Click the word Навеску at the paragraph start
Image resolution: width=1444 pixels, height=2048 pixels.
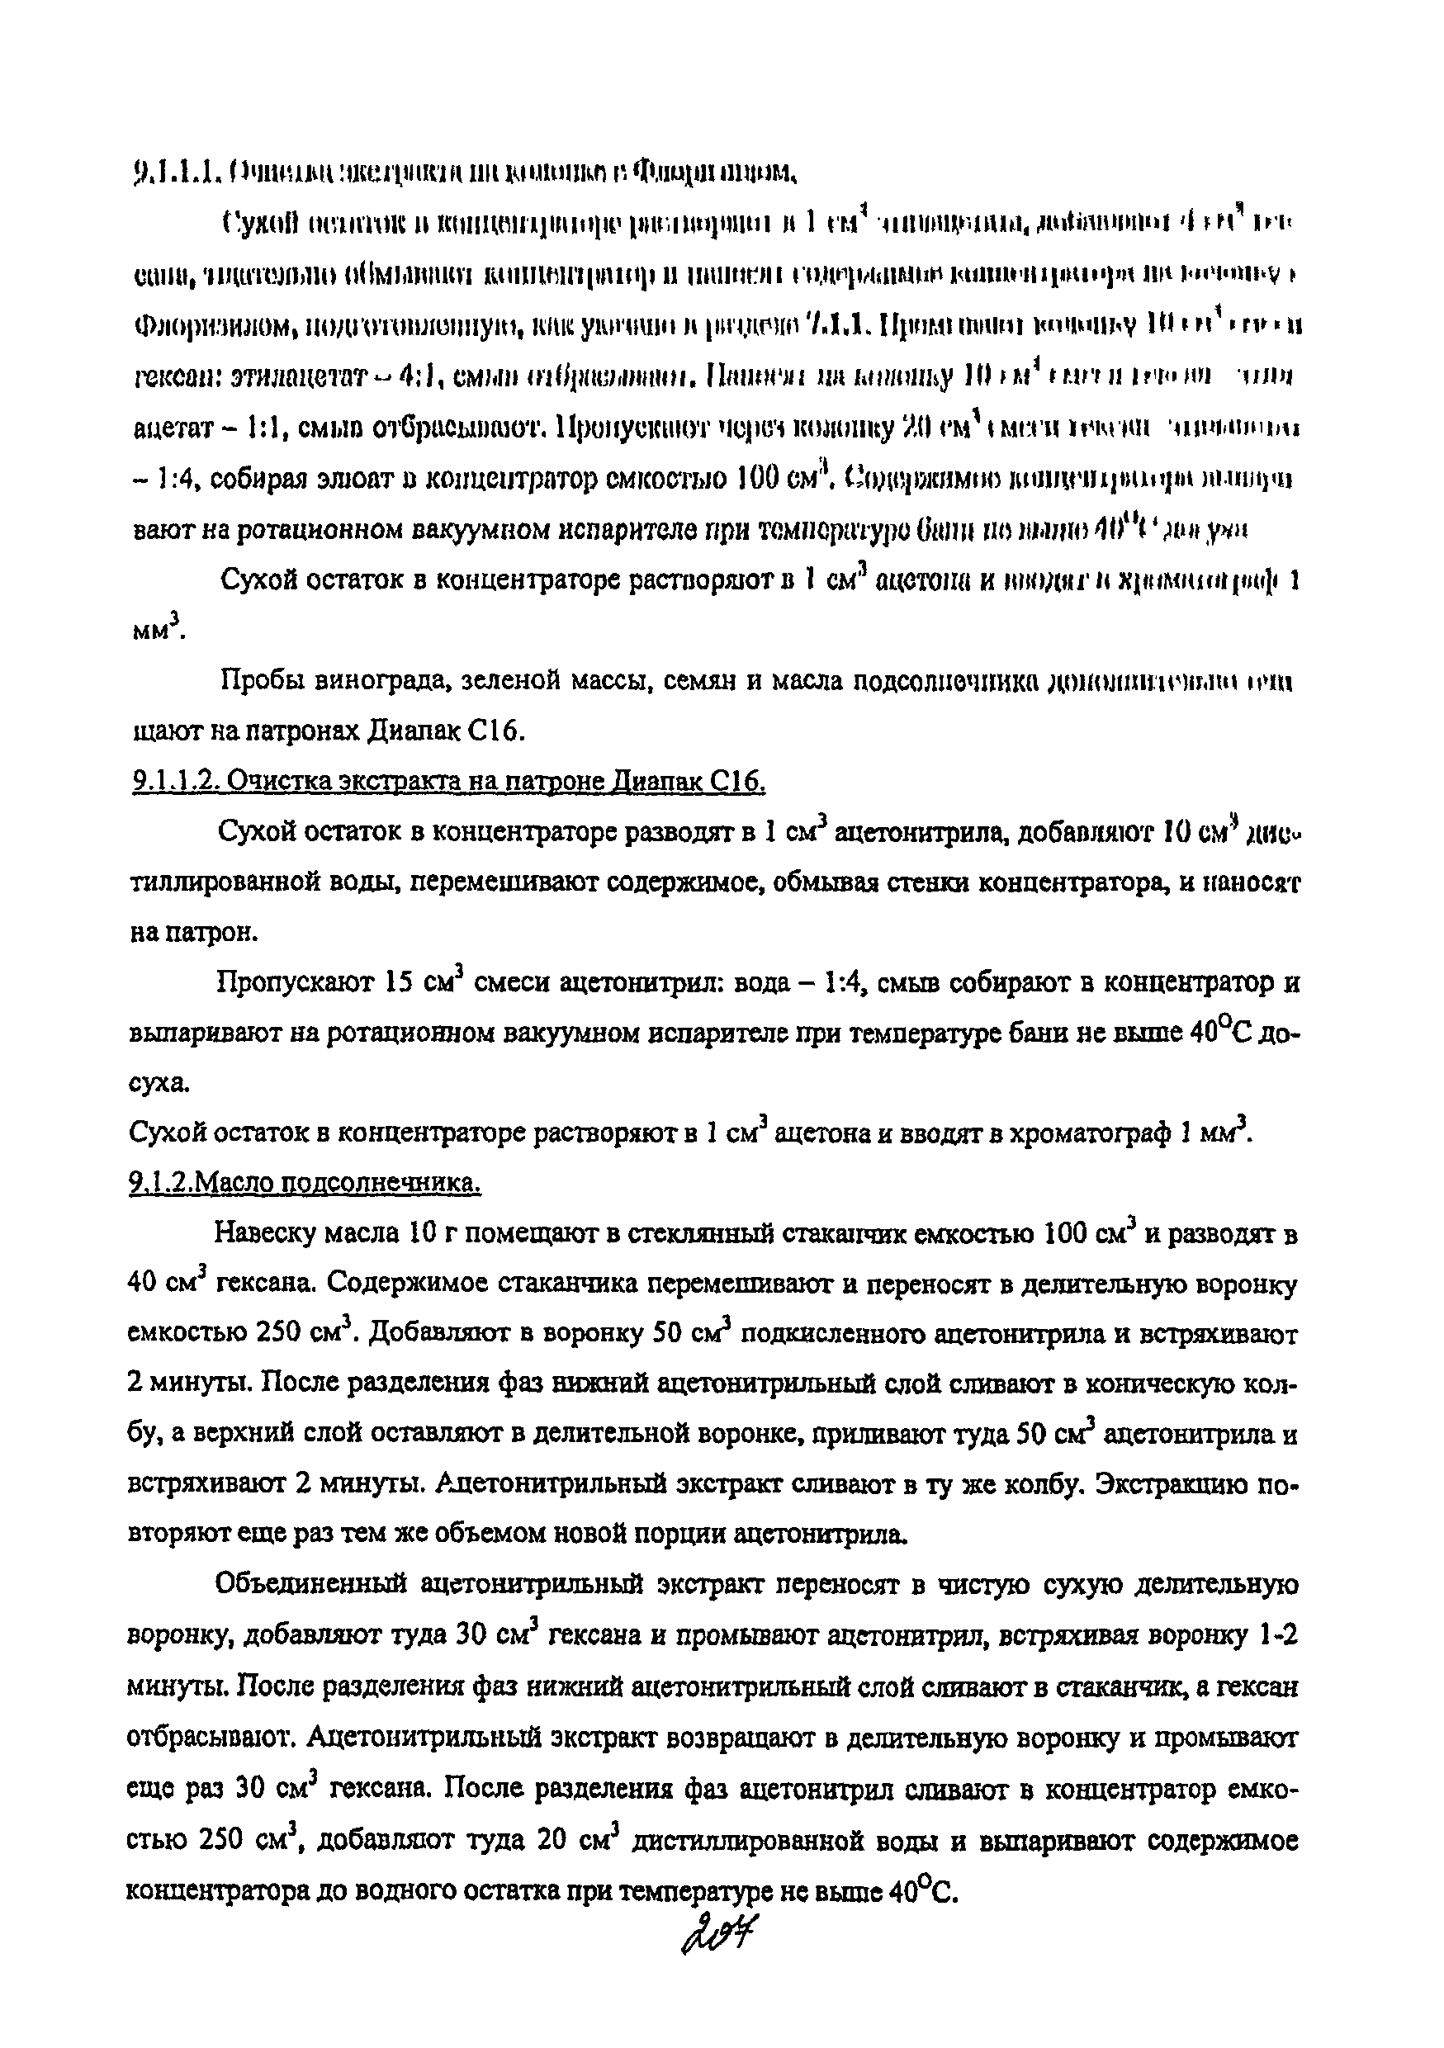267,1236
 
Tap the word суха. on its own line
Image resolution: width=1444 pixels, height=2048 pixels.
159,1085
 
